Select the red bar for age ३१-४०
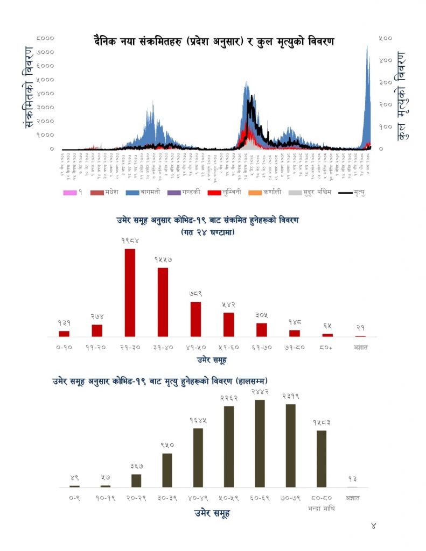pos(163,302)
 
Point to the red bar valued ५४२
pos(228,324)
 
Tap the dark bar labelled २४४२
pos(260,443)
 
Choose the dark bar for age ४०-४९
pos(198,457)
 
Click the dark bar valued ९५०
pos(167,470)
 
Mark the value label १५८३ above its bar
pos(322,423)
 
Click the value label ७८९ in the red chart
pos(195,293)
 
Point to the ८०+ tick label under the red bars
pos(327,348)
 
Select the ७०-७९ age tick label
pos(291,498)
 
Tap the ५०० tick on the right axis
pos(385,38)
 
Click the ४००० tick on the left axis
pos(46,93)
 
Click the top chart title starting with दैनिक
pos(213,41)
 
